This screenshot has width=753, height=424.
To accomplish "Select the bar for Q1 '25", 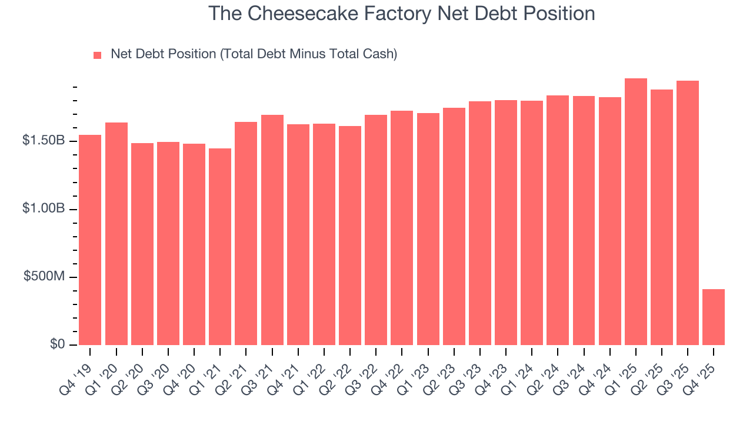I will click(x=636, y=211).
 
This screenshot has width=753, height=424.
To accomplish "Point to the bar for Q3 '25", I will click(x=688, y=213).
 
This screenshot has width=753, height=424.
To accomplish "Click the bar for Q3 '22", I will click(x=376, y=230).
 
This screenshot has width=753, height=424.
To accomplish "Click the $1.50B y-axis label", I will click(x=44, y=141).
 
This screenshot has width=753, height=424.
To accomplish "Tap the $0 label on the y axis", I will click(x=57, y=345).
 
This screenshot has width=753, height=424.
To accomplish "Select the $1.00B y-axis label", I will click(x=44, y=210).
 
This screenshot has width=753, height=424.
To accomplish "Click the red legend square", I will click(x=98, y=55).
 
